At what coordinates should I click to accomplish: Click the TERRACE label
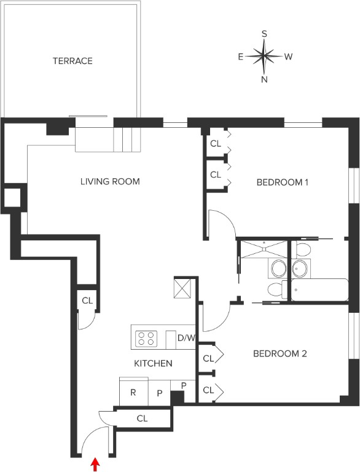pyautogui.click(x=72, y=61)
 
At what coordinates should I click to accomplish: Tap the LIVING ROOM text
pyautogui.click(x=110, y=181)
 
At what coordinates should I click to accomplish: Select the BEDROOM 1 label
pyautogui.click(x=282, y=182)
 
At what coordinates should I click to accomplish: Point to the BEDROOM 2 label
pyautogui.click(x=280, y=353)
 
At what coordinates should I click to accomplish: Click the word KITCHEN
pyautogui.click(x=153, y=363)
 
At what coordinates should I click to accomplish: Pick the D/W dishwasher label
pyautogui.click(x=186, y=337)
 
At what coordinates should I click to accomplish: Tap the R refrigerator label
pyautogui.click(x=133, y=392)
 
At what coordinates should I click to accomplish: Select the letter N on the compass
pyautogui.click(x=264, y=79)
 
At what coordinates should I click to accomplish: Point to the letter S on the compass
pyautogui.click(x=264, y=34)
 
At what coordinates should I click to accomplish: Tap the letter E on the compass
pyautogui.click(x=241, y=57)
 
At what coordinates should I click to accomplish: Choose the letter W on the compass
pyautogui.click(x=288, y=57)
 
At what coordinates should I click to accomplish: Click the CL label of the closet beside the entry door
pyautogui.click(x=142, y=419)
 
